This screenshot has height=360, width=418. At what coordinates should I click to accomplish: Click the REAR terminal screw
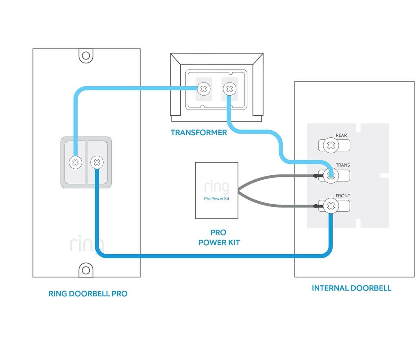point(331,145)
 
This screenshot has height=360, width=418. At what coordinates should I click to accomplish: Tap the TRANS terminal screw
point(331,176)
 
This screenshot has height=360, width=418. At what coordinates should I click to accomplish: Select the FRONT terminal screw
point(331,206)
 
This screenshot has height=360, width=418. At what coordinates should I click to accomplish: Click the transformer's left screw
point(204,89)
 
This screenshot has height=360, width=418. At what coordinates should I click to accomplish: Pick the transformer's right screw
point(229,89)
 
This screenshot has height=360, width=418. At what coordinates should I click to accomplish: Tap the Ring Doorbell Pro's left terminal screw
point(76,162)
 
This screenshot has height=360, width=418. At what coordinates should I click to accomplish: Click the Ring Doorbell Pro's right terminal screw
point(97,162)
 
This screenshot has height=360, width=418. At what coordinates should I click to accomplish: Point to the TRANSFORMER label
point(199,133)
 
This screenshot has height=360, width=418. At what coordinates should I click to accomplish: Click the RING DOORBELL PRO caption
point(88,294)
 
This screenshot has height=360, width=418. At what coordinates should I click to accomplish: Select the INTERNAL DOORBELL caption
point(351,288)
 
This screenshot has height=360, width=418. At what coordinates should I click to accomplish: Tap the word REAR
point(341,135)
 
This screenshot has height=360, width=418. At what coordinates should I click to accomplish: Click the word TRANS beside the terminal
point(343,165)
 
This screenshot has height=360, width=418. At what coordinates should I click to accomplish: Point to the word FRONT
point(343,196)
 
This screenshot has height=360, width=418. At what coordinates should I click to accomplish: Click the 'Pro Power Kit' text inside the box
point(216,199)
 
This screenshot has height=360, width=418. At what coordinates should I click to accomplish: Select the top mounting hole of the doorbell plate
point(86,56)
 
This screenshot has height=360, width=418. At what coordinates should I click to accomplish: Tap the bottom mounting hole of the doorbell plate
point(86,270)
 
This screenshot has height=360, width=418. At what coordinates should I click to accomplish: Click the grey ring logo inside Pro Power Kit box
point(216,187)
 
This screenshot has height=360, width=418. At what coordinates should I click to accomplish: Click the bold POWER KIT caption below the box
point(219,243)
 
